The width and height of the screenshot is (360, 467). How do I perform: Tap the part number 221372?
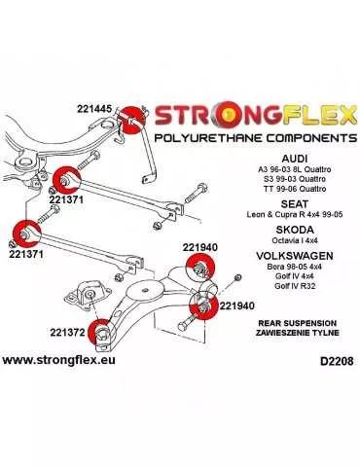66,332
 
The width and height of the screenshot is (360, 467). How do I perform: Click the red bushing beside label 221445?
131,119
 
